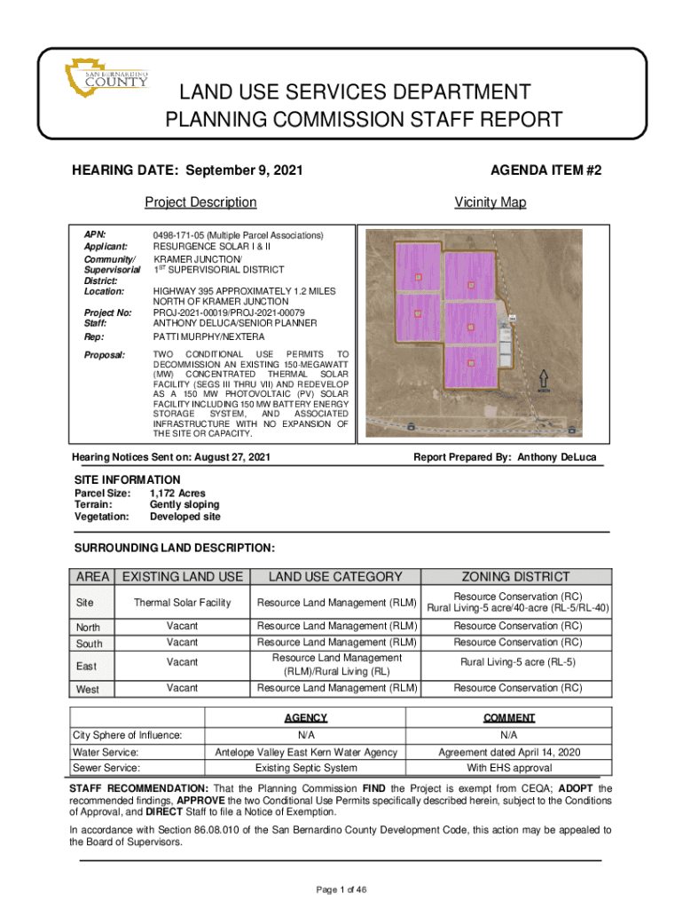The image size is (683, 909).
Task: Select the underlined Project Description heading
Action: coord(200,202)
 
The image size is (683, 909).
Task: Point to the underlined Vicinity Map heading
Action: coord(490,202)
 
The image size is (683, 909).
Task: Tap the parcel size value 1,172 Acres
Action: coord(177,493)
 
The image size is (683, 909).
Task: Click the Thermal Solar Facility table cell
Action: coord(182,603)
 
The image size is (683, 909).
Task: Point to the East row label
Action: coord(87,667)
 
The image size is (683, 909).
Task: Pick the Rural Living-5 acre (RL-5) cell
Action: coord(517,662)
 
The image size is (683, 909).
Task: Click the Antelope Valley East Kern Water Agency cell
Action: coord(306,752)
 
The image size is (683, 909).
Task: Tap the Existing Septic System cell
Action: coord(306,768)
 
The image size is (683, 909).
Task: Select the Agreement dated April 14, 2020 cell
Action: coord(509,752)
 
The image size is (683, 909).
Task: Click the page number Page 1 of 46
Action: coord(341,889)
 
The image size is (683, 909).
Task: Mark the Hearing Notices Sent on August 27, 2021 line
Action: coord(171,457)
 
